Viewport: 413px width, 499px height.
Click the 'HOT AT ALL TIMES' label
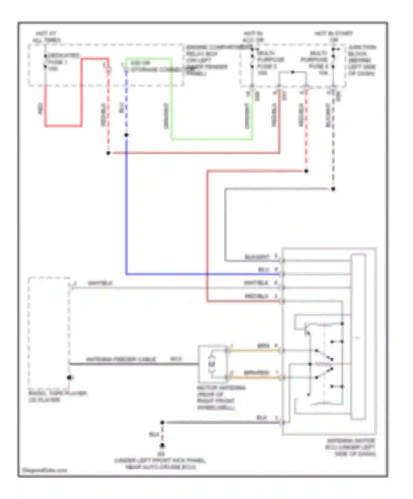click(46, 37)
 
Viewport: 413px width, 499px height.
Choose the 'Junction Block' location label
click(361, 60)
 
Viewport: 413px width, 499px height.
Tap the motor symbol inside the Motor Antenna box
click(212, 364)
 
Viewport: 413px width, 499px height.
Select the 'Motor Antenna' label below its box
click(220, 397)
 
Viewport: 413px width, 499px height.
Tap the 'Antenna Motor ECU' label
click(350, 447)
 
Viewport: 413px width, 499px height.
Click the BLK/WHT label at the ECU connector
click(257, 257)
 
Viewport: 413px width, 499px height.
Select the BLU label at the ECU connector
click(263, 270)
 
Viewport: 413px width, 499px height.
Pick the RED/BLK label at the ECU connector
click(256, 296)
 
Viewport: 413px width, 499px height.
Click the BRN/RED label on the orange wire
click(256, 372)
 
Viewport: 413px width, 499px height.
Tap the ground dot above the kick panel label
click(162, 445)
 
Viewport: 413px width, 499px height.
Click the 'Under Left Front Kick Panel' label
click(160, 464)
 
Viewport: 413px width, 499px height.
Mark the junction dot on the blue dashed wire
click(126, 135)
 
